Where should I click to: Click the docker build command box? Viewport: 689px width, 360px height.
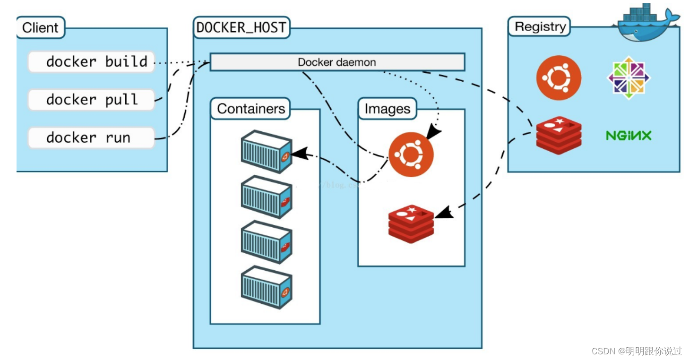91,62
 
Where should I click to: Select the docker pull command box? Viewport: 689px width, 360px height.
91,100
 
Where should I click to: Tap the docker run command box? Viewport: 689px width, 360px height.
91,137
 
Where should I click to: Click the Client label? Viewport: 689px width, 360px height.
41,27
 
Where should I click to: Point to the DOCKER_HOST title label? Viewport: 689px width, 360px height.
241,27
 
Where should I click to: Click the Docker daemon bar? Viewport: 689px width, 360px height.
337,62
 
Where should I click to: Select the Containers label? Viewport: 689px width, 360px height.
250,109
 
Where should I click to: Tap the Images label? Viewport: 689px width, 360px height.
387,109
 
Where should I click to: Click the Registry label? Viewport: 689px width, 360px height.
540,27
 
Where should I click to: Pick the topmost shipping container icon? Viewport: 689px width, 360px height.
267,151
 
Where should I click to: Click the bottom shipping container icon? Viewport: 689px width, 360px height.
267,287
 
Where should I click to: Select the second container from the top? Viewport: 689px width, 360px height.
267,197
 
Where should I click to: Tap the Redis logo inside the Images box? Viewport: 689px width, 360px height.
411,223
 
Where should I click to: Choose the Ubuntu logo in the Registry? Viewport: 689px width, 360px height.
559,78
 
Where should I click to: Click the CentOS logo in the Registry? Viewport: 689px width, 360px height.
629,78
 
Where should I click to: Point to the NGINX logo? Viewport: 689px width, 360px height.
629,136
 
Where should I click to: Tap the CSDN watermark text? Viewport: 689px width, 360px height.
636,351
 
